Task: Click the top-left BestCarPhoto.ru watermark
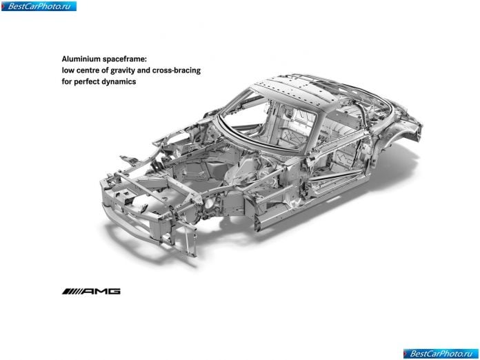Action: click(39, 6)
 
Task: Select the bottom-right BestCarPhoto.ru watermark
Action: click(441, 354)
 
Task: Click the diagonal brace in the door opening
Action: click(332, 177)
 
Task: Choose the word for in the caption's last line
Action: click(66, 82)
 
